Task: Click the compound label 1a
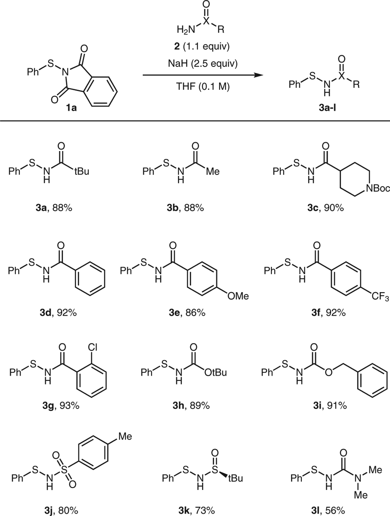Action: click(x=72, y=109)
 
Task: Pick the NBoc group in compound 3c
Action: click(x=378, y=188)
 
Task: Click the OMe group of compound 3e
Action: click(x=238, y=295)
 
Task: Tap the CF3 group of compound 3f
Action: click(x=380, y=297)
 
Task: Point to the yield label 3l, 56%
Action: click(x=329, y=510)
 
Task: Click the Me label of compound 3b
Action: click(x=213, y=171)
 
